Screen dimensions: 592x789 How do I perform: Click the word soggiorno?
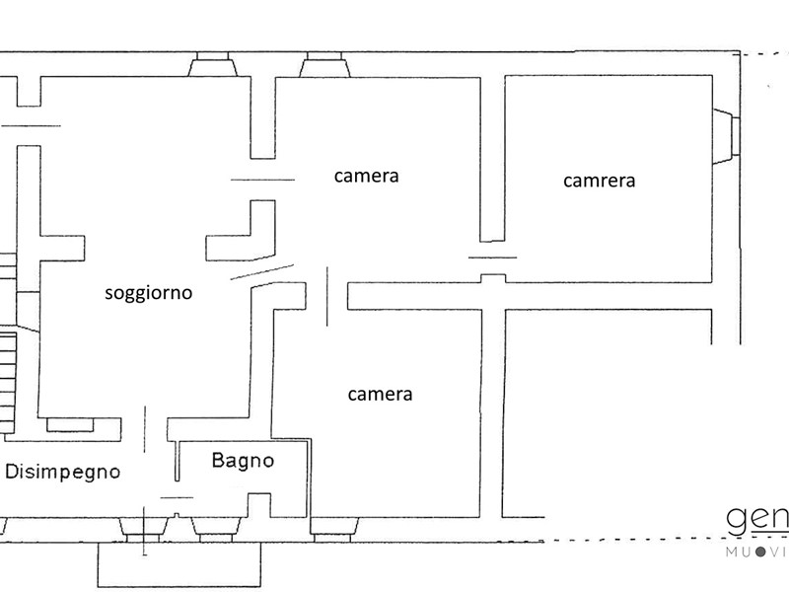149,293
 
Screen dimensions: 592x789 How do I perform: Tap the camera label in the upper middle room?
366,177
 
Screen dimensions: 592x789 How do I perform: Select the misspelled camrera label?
600,181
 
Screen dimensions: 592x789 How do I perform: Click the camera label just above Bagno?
380,394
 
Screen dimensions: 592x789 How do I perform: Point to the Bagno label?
243,460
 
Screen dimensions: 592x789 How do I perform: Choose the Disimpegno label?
63,472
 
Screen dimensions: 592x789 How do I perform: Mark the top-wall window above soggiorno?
213,65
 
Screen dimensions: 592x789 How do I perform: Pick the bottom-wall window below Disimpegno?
132,527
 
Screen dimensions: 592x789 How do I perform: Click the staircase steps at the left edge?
8,380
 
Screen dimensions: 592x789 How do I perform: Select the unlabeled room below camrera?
611,414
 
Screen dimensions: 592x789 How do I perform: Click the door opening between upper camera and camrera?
492,258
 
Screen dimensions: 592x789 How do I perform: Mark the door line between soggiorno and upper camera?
262,180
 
